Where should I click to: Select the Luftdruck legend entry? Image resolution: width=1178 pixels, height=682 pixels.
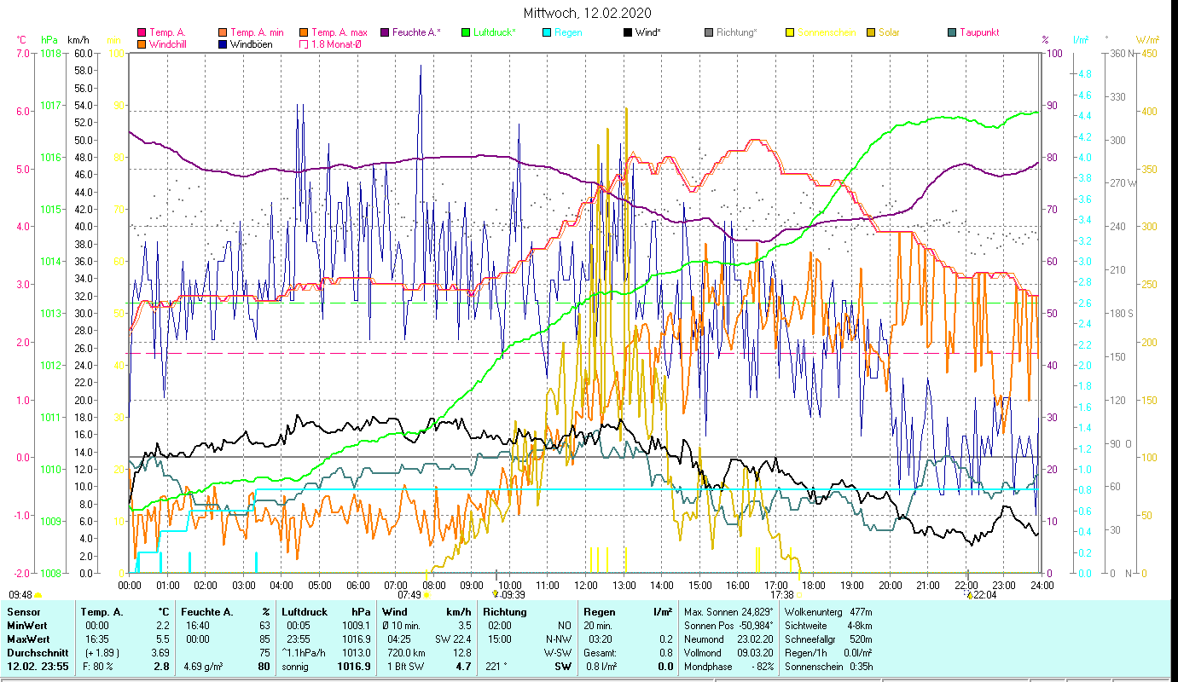pos(493,32)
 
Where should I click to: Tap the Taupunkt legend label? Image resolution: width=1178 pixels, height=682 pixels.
pos(978,32)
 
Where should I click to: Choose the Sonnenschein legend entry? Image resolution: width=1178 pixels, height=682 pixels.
pos(826,32)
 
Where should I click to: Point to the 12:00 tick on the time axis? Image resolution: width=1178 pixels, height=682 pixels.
pos(585,586)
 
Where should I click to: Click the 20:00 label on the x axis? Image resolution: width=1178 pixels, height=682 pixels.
pos(890,586)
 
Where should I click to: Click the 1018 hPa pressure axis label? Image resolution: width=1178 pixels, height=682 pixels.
pos(50,53)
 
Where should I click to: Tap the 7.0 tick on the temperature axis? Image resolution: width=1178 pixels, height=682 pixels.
pos(21,53)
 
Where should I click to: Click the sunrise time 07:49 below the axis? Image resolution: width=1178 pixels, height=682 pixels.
pos(409,595)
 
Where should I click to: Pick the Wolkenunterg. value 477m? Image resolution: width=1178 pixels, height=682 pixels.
pos(867,612)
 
